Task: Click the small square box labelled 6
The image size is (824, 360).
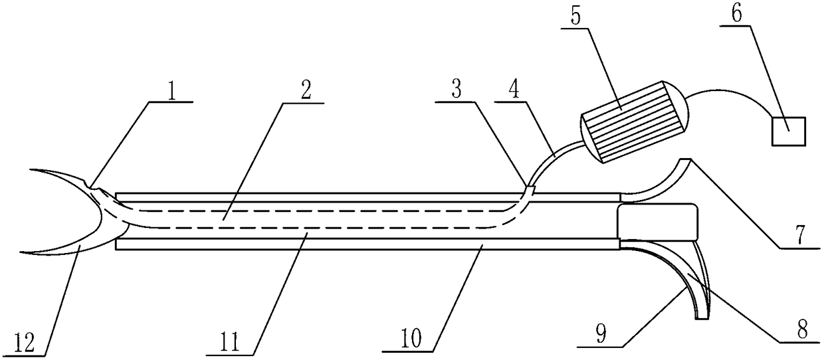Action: [788, 130]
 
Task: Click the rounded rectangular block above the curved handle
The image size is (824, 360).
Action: [657, 223]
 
